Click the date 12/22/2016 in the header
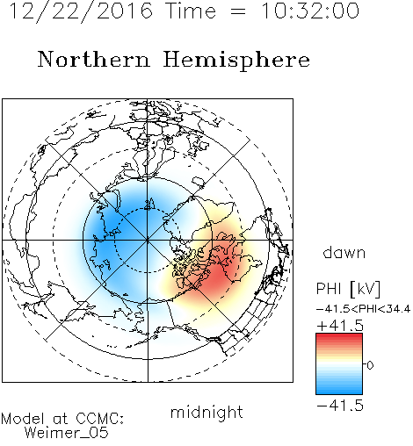point(81,11)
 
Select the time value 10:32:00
point(310,11)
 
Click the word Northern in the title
point(94,59)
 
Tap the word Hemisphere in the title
point(236,60)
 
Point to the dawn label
point(344,252)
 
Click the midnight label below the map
point(206,413)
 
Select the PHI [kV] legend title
point(348,289)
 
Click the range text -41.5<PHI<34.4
point(363,309)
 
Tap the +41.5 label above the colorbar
point(340,326)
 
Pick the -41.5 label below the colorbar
point(340,406)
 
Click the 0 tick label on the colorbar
point(370,365)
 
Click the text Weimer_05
point(67,433)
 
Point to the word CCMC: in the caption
point(100,419)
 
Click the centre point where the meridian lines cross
point(148,241)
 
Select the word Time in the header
point(191,11)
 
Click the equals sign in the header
point(238,12)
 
